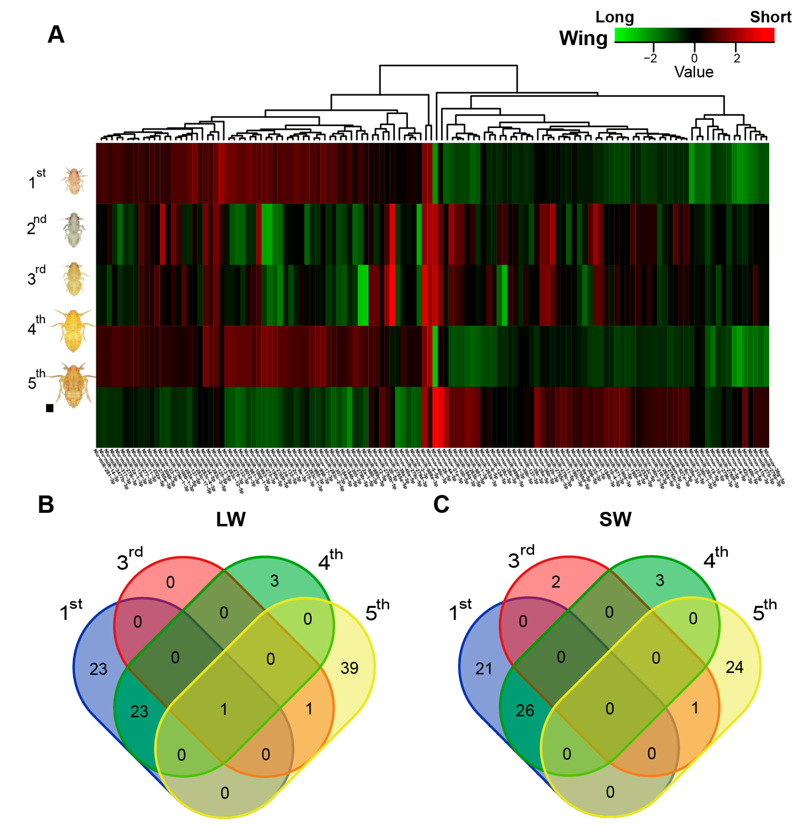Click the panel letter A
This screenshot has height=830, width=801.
coord(56,35)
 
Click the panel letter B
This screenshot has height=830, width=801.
coord(46,505)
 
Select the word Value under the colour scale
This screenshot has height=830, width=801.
coord(693,72)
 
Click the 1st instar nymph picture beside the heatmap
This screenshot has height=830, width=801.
coord(74,181)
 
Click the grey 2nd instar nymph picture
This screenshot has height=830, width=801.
coord(74,230)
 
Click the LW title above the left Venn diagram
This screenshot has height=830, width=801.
coord(231,520)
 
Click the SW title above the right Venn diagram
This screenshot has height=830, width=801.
coord(615,520)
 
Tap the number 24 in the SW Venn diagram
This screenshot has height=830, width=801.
coord(735,667)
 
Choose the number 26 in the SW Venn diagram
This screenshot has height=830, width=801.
coord(524,711)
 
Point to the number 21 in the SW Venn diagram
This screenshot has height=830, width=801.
coord(484,669)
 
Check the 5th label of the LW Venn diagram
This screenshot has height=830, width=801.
coord(377,611)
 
